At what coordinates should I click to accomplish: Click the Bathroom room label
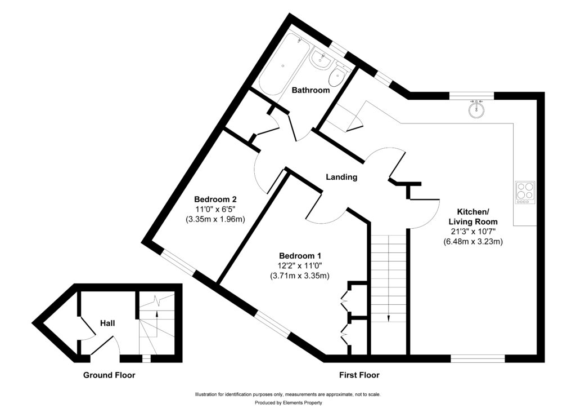pyautogui.click(x=310, y=90)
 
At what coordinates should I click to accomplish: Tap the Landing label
pyautogui.click(x=342, y=177)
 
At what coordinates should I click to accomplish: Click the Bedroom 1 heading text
pyautogui.click(x=298, y=255)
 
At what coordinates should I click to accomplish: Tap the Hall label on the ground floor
pyautogui.click(x=107, y=323)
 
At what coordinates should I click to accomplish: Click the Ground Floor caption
pyautogui.click(x=109, y=375)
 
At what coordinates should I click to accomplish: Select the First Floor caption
pyautogui.click(x=359, y=375)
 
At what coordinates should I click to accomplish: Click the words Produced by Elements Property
pyautogui.click(x=287, y=402)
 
